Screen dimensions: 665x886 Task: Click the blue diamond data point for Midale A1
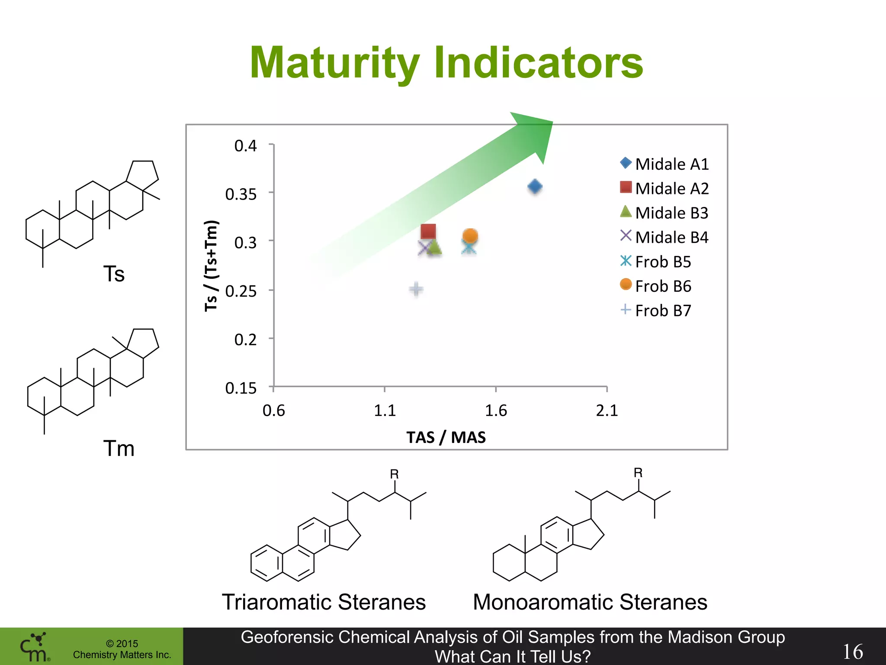(x=535, y=187)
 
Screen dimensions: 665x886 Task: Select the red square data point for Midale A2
(x=428, y=231)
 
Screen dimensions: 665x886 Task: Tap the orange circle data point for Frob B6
(x=470, y=236)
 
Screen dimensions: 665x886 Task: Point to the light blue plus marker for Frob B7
(x=416, y=289)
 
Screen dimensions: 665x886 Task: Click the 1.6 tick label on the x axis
(x=496, y=410)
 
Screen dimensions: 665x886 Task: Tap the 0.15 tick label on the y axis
(x=241, y=388)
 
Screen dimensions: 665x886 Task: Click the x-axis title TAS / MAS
(x=446, y=437)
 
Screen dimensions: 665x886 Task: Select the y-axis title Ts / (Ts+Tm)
(x=211, y=266)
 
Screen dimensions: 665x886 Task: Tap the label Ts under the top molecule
(x=114, y=274)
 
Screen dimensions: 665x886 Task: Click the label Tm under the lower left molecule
(x=119, y=448)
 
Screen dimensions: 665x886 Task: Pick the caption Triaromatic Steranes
(x=324, y=602)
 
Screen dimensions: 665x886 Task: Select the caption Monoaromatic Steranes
(x=590, y=602)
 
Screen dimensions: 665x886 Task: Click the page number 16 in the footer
(x=852, y=651)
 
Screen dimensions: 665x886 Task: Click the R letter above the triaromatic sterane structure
(x=394, y=474)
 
